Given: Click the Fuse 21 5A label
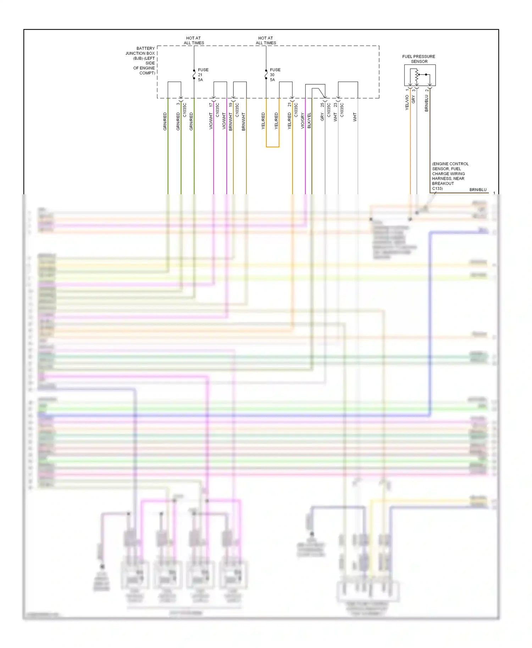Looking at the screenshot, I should [x=203, y=75].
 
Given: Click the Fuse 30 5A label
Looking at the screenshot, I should [x=275, y=75].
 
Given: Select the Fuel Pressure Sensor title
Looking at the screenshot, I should [x=419, y=59].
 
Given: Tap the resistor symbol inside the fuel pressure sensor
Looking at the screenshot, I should [x=417, y=75].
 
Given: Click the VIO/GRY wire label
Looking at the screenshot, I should [x=303, y=121].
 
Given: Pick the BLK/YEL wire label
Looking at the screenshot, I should [x=309, y=121].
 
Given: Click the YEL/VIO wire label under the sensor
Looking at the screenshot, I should [x=407, y=102].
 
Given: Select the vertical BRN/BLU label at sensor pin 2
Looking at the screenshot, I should [x=426, y=103].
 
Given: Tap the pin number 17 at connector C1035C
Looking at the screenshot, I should [x=211, y=105].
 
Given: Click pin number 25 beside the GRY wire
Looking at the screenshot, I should [x=322, y=105].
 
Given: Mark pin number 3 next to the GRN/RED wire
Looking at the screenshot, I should [x=178, y=104].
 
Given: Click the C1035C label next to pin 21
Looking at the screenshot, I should [x=296, y=110].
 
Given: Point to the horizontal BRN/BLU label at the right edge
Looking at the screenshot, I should [x=478, y=190].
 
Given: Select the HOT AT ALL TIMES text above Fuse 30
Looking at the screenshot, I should [x=266, y=40].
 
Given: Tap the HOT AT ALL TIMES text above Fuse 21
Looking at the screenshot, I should [x=194, y=40].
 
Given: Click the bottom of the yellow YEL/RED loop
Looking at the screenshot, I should [x=272, y=147].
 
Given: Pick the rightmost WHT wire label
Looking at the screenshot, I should [x=355, y=117].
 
